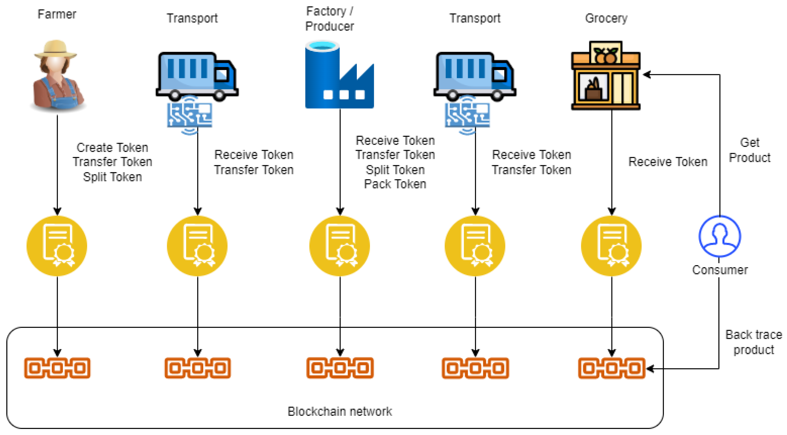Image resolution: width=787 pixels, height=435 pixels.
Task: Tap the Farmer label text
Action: [x=57, y=14]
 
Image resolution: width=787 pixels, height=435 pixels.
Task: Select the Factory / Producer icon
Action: [x=340, y=74]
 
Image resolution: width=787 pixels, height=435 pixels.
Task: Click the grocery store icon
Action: [x=606, y=76]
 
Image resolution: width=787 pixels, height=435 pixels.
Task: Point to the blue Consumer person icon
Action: [x=720, y=236]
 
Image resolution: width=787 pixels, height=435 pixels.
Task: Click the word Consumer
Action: [x=720, y=270]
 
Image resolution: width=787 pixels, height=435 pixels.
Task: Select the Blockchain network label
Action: [x=340, y=411]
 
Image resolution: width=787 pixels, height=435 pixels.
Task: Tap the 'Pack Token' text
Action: [x=395, y=184]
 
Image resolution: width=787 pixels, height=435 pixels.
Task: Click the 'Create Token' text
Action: [x=112, y=148]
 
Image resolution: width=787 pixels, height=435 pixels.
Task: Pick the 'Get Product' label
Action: [x=750, y=150]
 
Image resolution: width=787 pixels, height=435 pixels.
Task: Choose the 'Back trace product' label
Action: [x=754, y=342]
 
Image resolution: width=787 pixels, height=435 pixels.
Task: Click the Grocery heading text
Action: [x=606, y=18]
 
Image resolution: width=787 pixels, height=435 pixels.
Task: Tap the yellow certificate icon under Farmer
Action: [x=57, y=245]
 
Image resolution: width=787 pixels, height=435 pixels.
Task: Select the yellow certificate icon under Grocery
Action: [x=611, y=245]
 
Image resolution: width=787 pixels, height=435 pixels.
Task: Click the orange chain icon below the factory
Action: [x=340, y=368]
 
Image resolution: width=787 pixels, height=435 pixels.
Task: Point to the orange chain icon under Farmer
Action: [x=57, y=368]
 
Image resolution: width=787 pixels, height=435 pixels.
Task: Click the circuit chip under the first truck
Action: [x=190, y=115]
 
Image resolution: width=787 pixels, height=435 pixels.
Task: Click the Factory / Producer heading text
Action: [x=330, y=19]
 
